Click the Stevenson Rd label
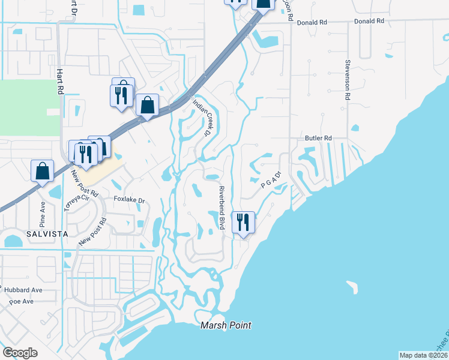(x=348, y=79)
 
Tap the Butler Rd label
(x=318, y=138)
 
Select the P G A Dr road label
(x=271, y=181)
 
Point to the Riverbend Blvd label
(x=221, y=208)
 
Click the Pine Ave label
(x=43, y=213)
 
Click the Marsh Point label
(x=226, y=325)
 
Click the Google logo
(x=20, y=353)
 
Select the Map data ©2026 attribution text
(x=423, y=355)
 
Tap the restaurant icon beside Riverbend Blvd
(x=244, y=222)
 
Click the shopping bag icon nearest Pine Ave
(x=43, y=170)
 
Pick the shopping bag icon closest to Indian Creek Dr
(x=147, y=106)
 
